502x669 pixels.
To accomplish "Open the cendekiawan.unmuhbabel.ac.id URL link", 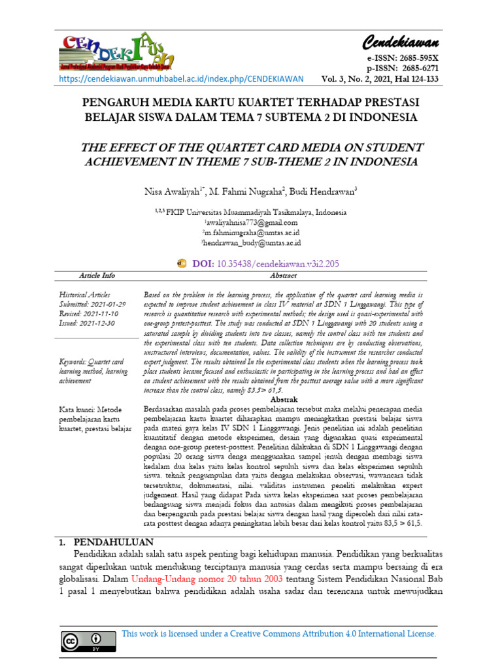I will pos(181,79).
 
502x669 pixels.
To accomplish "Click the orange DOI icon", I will pos(182,263).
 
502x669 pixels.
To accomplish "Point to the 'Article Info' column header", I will pos(97,276).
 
